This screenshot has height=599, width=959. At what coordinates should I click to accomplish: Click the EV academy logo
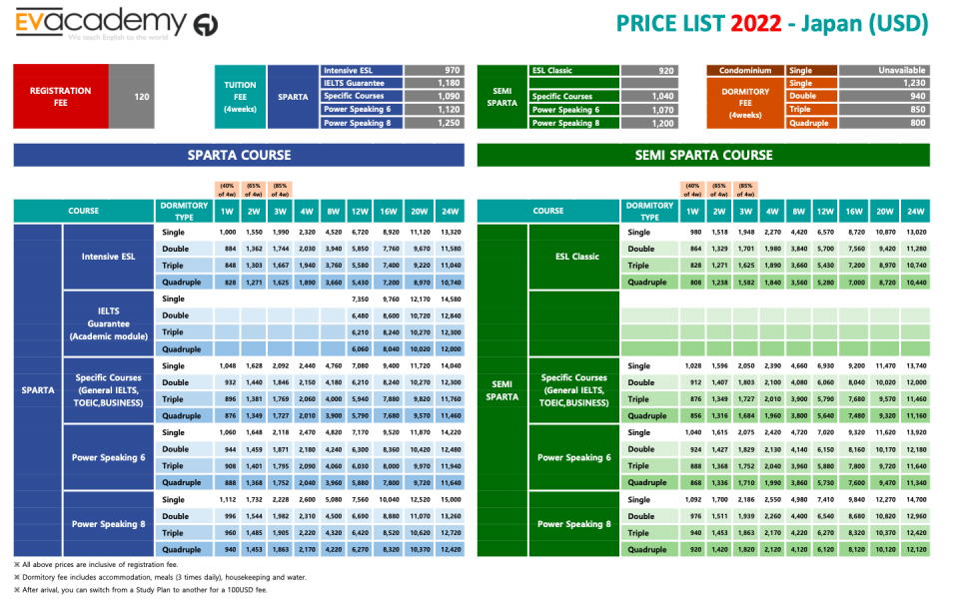[116, 23]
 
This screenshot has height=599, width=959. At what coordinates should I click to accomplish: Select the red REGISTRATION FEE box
[60, 97]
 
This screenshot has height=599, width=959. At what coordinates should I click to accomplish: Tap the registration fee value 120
[141, 97]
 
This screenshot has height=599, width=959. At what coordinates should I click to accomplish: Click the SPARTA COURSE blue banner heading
[239, 155]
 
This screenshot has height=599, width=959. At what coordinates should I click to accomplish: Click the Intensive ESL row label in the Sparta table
[108, 257]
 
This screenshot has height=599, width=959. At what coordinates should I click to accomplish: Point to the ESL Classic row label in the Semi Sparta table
[577, 257]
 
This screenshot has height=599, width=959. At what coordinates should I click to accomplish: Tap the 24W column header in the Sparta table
[450, 212]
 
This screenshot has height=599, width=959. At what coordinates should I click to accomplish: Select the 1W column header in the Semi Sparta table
[691, 212]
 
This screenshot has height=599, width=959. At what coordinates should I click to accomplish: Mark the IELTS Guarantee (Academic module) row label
[108, 323]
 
